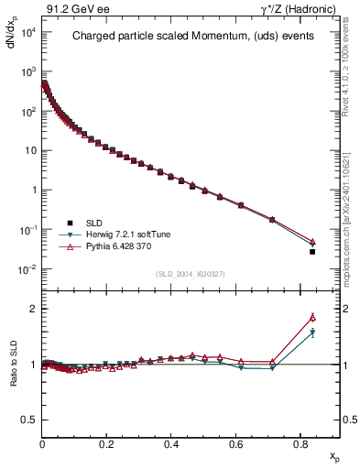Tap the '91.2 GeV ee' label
(x=71, y=9)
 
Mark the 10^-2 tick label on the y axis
(x=27, y=269)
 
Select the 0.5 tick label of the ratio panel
(x=27, y=420)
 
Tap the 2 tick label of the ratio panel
(x=32, y=309)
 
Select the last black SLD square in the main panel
(x=312, y=252)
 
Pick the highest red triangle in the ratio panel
(x=312, y=317)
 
